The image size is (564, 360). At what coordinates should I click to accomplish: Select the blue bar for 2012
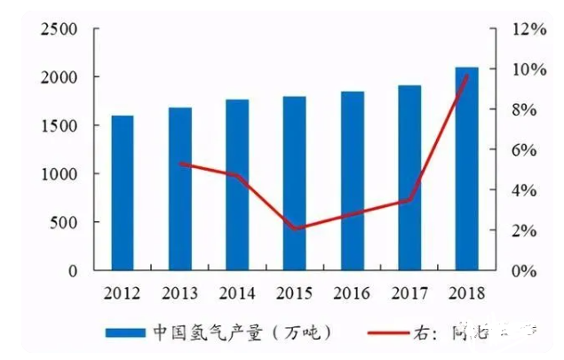[x=123, y=192]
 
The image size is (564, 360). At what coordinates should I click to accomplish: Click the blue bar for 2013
[x=179, y=188]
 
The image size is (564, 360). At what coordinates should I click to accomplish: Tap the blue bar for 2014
[x=237, y=184]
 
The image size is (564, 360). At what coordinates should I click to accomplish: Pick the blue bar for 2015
[x=295, y=182]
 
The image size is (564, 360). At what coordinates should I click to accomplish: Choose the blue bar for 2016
[x=353, y=180]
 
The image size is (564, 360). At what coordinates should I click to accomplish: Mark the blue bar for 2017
[x=409, y=177]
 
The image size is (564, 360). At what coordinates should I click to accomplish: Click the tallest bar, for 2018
[x=467, y=168]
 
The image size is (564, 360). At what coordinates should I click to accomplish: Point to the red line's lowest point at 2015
[x=295, y=228]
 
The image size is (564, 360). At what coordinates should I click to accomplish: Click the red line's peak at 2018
[x=467, y=76]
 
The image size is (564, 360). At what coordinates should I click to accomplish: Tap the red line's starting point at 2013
[x=180, y=164]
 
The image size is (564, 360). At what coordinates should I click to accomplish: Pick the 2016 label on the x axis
[x=353, y=292]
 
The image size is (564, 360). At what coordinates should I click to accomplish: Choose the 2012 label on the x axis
[x=123, y=292]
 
